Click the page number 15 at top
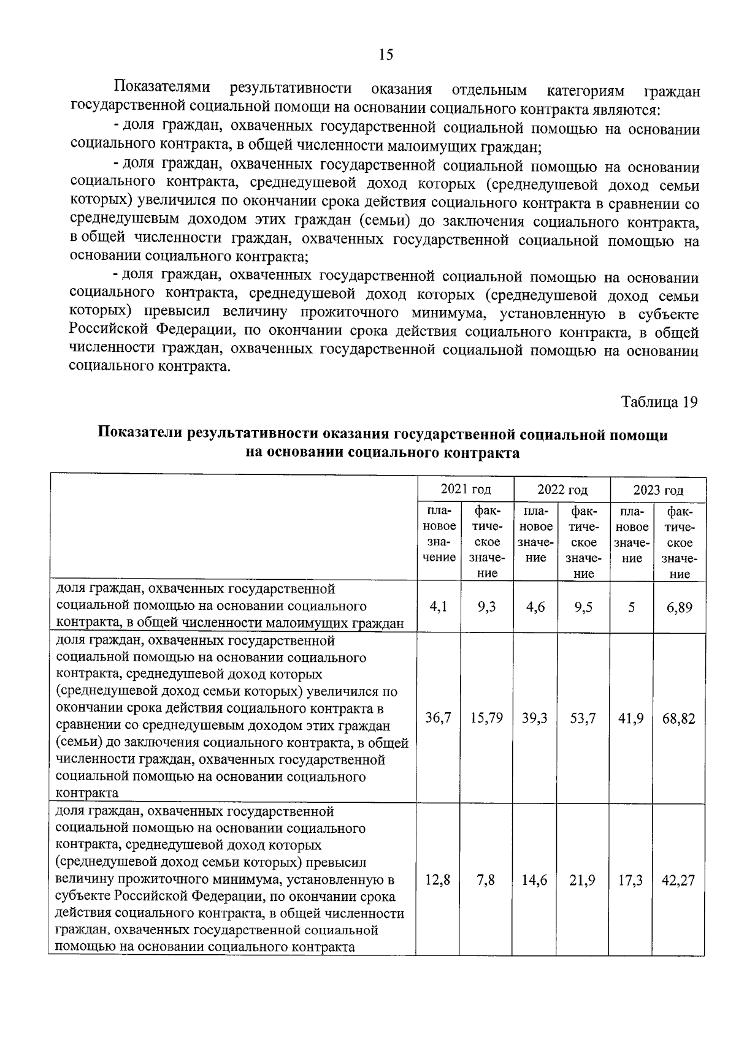coord(386,55)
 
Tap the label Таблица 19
coord(659,402)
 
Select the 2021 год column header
coord(466,489)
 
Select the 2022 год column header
coord(562,490)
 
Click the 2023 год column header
coord(658,490)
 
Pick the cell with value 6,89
coord(679,607)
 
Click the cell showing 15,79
coord(486,718)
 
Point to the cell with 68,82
coord(679,718)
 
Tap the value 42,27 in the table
coord(678,880)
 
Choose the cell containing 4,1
coord(439,606)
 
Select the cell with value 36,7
coord(439,718)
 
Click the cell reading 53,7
coord(583,718)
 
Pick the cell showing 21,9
coord(583,880)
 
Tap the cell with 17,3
coord(631,880)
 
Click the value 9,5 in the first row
coord(583,607)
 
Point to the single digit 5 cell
coord(631,607)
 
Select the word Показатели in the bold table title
coord(140,435)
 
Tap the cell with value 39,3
coord(535,718)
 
